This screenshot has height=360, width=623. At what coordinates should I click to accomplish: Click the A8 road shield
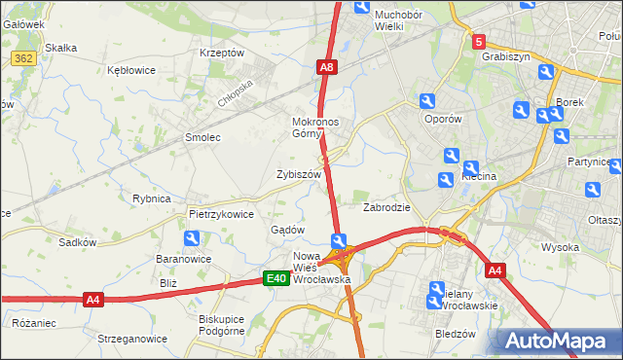coord(327,67)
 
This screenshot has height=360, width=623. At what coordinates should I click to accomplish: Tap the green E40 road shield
coord(276,279)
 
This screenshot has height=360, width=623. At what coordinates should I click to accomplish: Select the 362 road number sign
coord(24,58)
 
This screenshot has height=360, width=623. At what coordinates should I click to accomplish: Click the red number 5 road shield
coord(478,42)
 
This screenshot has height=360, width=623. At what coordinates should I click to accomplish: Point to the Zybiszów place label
coord(299,174)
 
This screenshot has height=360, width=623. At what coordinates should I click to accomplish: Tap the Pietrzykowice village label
coord(221,213)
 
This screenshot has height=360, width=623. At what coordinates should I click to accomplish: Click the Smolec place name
coord(202,137)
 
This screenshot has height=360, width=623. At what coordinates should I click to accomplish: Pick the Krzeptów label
coord(221,53)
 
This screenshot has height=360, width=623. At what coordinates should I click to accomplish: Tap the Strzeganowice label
coord(132,339)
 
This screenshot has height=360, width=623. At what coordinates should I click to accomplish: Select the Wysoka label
coord(561,247)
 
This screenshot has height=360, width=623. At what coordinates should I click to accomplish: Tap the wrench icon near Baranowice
coord(192,238)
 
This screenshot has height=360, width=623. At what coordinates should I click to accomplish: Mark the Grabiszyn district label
coord(505,56)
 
